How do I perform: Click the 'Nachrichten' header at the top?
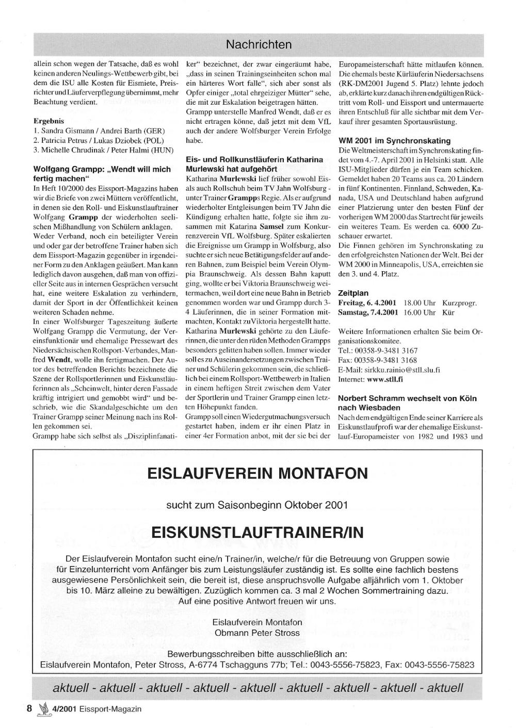(259, 45)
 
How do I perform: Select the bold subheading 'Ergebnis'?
(49, 121)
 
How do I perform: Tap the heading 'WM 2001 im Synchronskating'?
(394, 141)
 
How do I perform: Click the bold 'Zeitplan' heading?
(353, 293)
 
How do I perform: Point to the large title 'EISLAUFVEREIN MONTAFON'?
(257, 473)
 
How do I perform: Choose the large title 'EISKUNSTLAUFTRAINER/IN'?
(257, 532)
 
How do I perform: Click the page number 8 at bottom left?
(29, 708)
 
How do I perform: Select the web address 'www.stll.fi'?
(385, 379)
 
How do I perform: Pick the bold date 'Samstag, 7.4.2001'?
(368, 312)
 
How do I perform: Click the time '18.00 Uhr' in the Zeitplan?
(420, 303)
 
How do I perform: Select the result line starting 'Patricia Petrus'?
(99, 140)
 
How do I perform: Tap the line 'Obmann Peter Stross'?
(257, 633)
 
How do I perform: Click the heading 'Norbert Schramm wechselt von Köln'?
(407, 398)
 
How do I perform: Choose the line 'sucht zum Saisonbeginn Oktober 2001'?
(257, 504)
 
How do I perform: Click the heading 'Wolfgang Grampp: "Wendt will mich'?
(102, 169)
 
